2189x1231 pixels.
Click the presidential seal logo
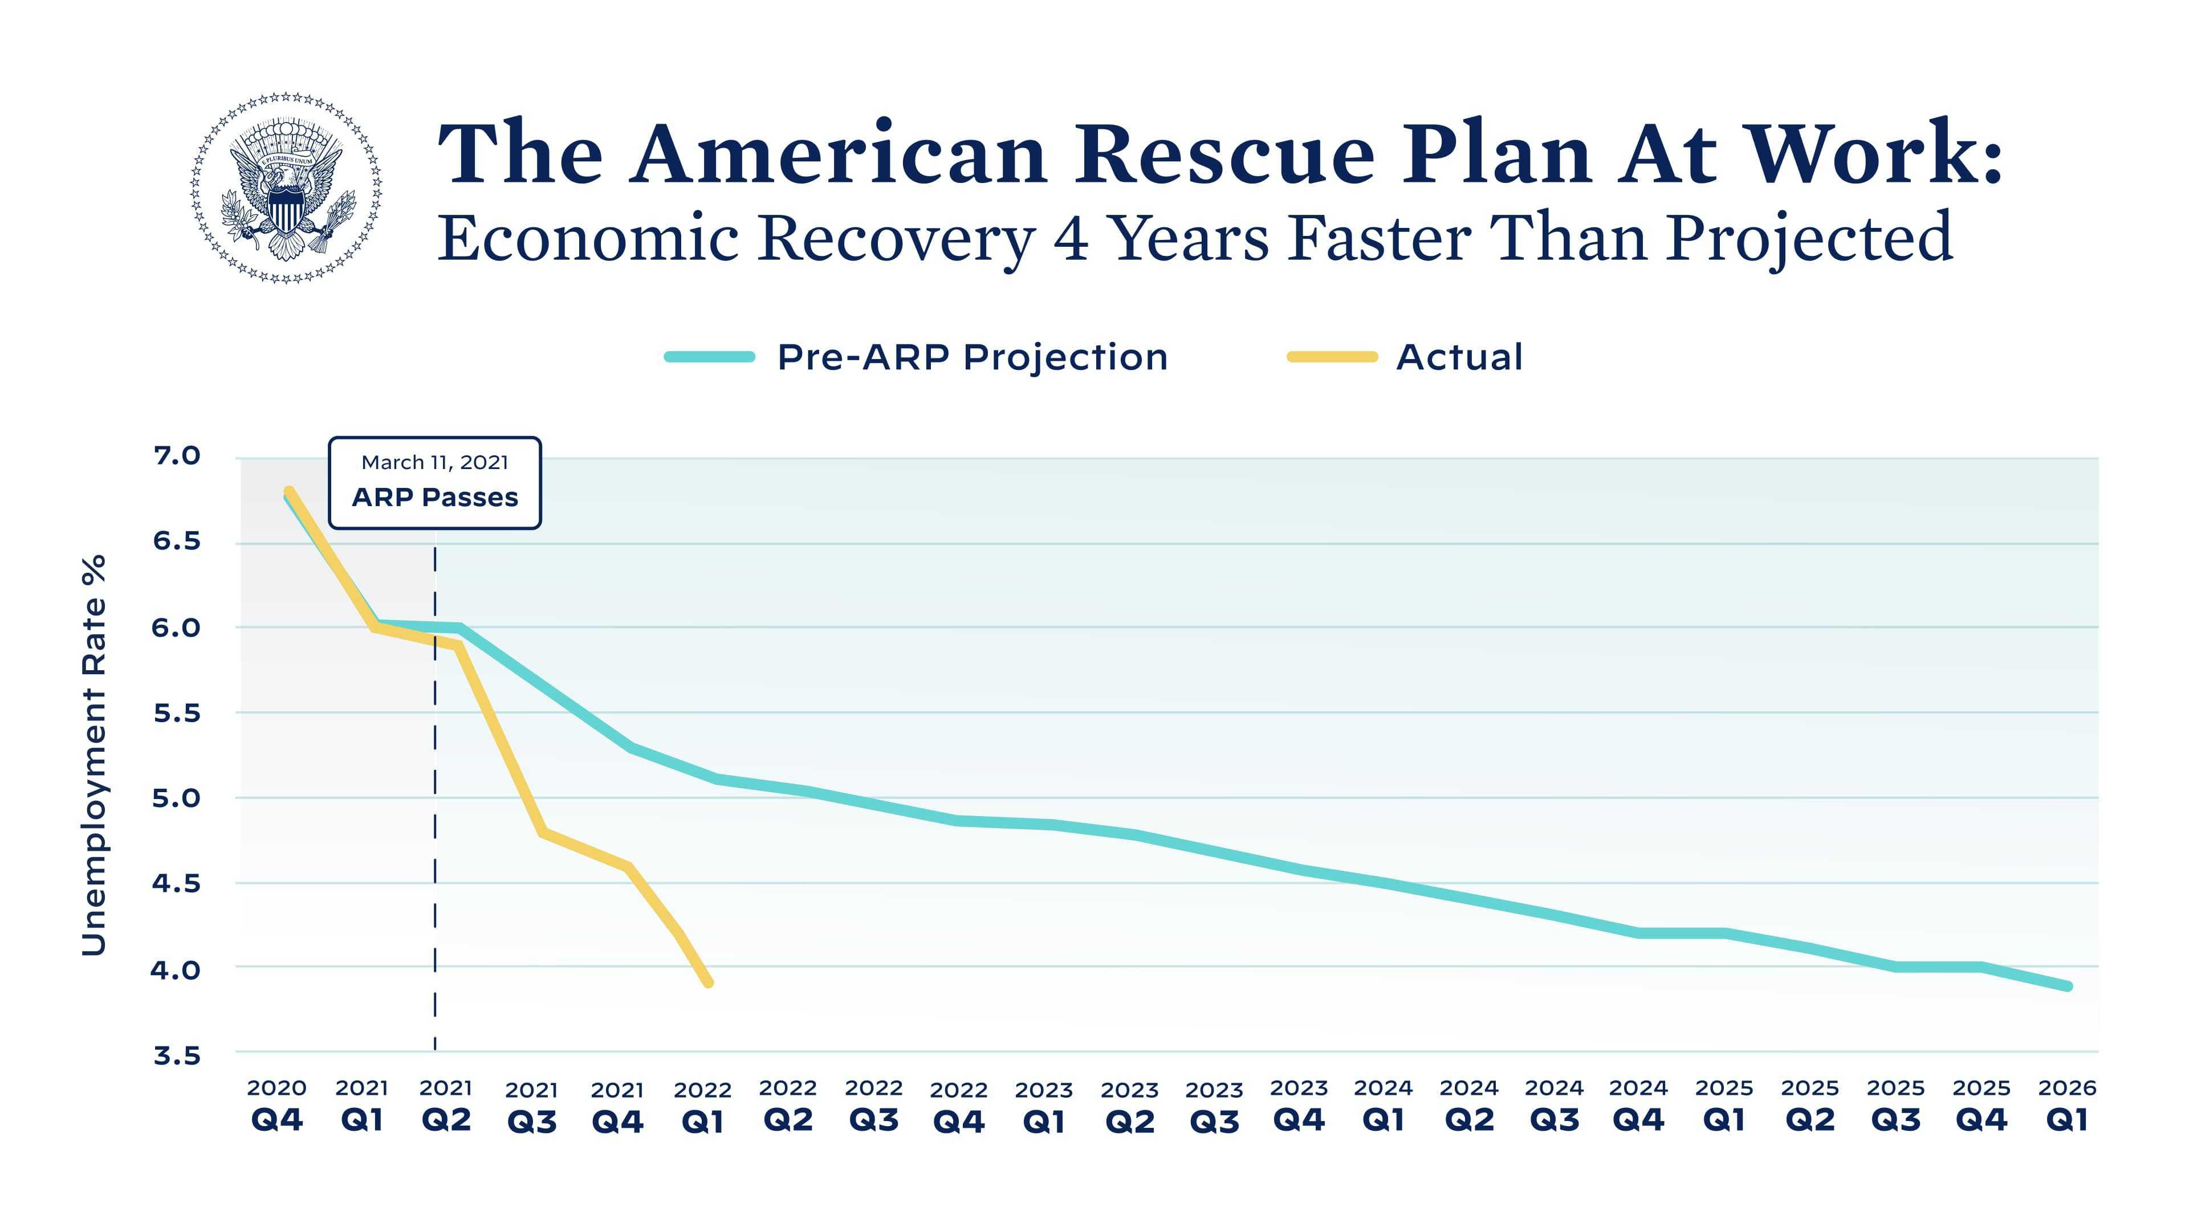point(286,187)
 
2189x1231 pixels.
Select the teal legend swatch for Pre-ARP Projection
point(710,357)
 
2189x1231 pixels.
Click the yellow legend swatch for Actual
point(1332,357)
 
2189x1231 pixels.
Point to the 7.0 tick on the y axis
point(177,456)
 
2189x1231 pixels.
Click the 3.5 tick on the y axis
point(177,1055)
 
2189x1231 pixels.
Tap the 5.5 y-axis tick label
point(177,713)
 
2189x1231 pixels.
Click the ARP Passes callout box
point(434,483)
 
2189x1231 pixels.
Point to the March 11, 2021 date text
point(434,462)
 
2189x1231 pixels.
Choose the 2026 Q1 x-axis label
point(2066,1105)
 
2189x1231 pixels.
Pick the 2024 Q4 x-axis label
point(1638,1105)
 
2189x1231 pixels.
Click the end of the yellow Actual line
point(709,983)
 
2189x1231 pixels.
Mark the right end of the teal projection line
point(2068,987)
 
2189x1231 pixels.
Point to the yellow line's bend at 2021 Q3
point(542,833)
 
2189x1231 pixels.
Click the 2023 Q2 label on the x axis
point(1129,1107)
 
